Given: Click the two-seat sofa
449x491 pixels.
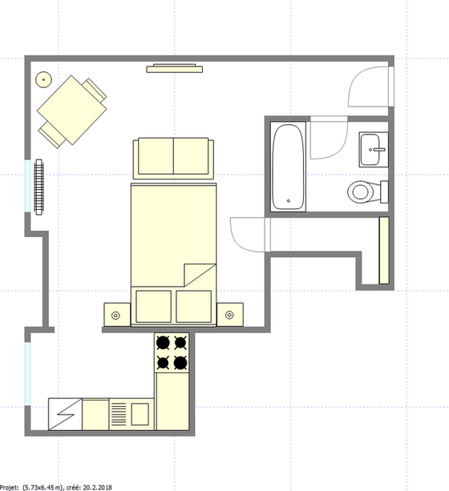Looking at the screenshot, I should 173,158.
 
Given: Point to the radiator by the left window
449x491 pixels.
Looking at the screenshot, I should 41,187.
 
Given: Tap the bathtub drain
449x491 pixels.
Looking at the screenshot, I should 289,200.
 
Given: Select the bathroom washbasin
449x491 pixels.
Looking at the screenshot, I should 373,148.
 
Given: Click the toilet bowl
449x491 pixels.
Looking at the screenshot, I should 363,192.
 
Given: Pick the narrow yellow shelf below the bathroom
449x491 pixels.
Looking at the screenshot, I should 384,252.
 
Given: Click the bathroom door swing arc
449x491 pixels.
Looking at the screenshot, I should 329,136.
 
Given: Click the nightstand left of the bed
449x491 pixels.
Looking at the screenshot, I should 115,314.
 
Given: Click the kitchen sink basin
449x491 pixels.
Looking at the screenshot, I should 140,414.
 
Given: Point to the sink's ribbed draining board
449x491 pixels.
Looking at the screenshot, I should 118,414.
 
